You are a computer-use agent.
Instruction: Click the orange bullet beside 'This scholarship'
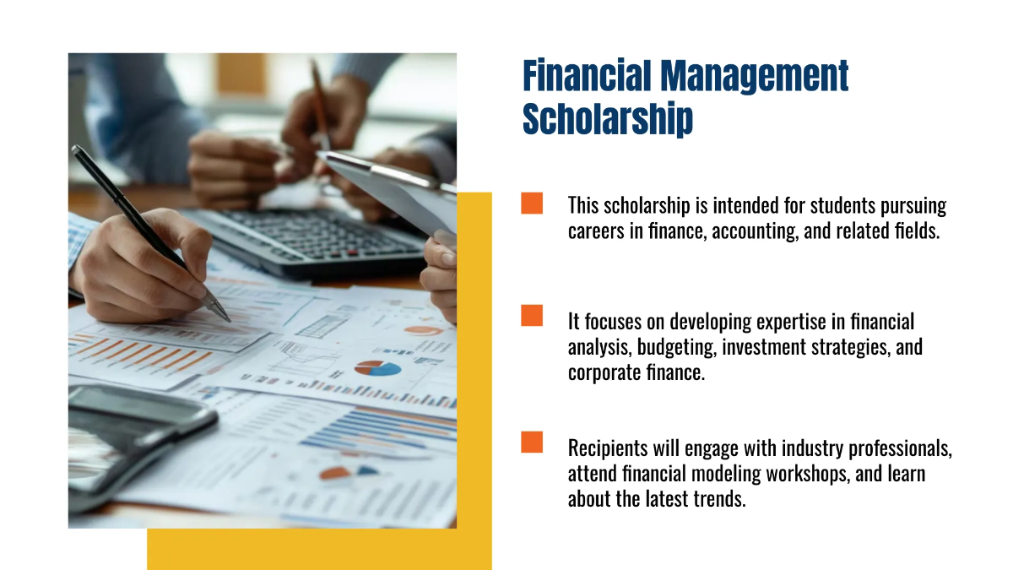point(532,204)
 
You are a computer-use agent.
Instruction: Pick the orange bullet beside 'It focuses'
point(532,315)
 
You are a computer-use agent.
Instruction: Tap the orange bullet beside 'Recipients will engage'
point(532,442)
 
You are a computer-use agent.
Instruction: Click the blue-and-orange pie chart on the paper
point(377,368)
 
